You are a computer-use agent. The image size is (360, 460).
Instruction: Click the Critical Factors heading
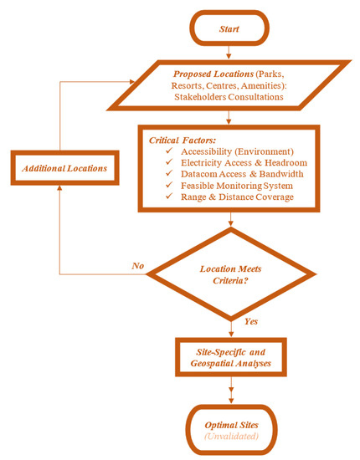click(x=177, y=138)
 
